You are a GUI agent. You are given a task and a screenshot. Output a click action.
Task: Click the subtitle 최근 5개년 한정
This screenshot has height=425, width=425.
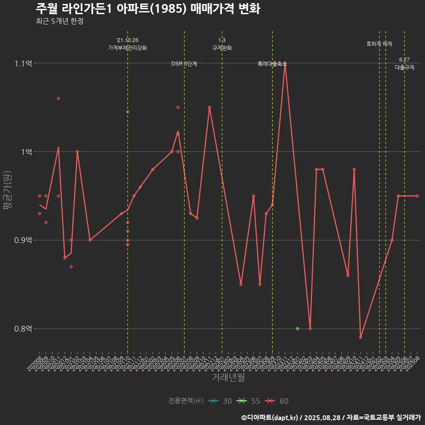click(x=59, y=21)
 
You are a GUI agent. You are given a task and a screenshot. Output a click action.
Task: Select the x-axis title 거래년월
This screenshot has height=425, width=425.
click(x=228, y=378)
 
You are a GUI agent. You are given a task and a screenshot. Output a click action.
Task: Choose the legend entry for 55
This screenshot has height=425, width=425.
click(x=249, y=401)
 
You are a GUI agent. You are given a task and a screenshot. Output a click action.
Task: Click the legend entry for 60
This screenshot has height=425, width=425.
click(x=277, y=401)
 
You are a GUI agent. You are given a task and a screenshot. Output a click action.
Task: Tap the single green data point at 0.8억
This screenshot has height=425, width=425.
click(x=297, y=328)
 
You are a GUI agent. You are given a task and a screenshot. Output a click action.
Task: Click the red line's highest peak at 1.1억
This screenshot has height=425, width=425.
click(x=285, y=63)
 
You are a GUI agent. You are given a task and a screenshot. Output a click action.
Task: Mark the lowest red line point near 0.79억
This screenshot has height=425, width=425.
click(x=360, y=337)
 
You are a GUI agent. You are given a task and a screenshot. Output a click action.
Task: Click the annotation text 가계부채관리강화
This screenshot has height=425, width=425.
click(x=127, y=48)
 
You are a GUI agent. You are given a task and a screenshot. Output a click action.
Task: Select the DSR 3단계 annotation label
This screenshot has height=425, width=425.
click(x=184, y=64)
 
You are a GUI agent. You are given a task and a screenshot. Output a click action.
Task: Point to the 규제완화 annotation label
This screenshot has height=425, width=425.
click(x=222, y=48)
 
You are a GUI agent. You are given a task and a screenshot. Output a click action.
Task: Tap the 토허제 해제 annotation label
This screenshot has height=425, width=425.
click(x=379, y=44)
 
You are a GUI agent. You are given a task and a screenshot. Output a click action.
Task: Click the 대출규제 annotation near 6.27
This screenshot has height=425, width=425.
click(x=405, y=68)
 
